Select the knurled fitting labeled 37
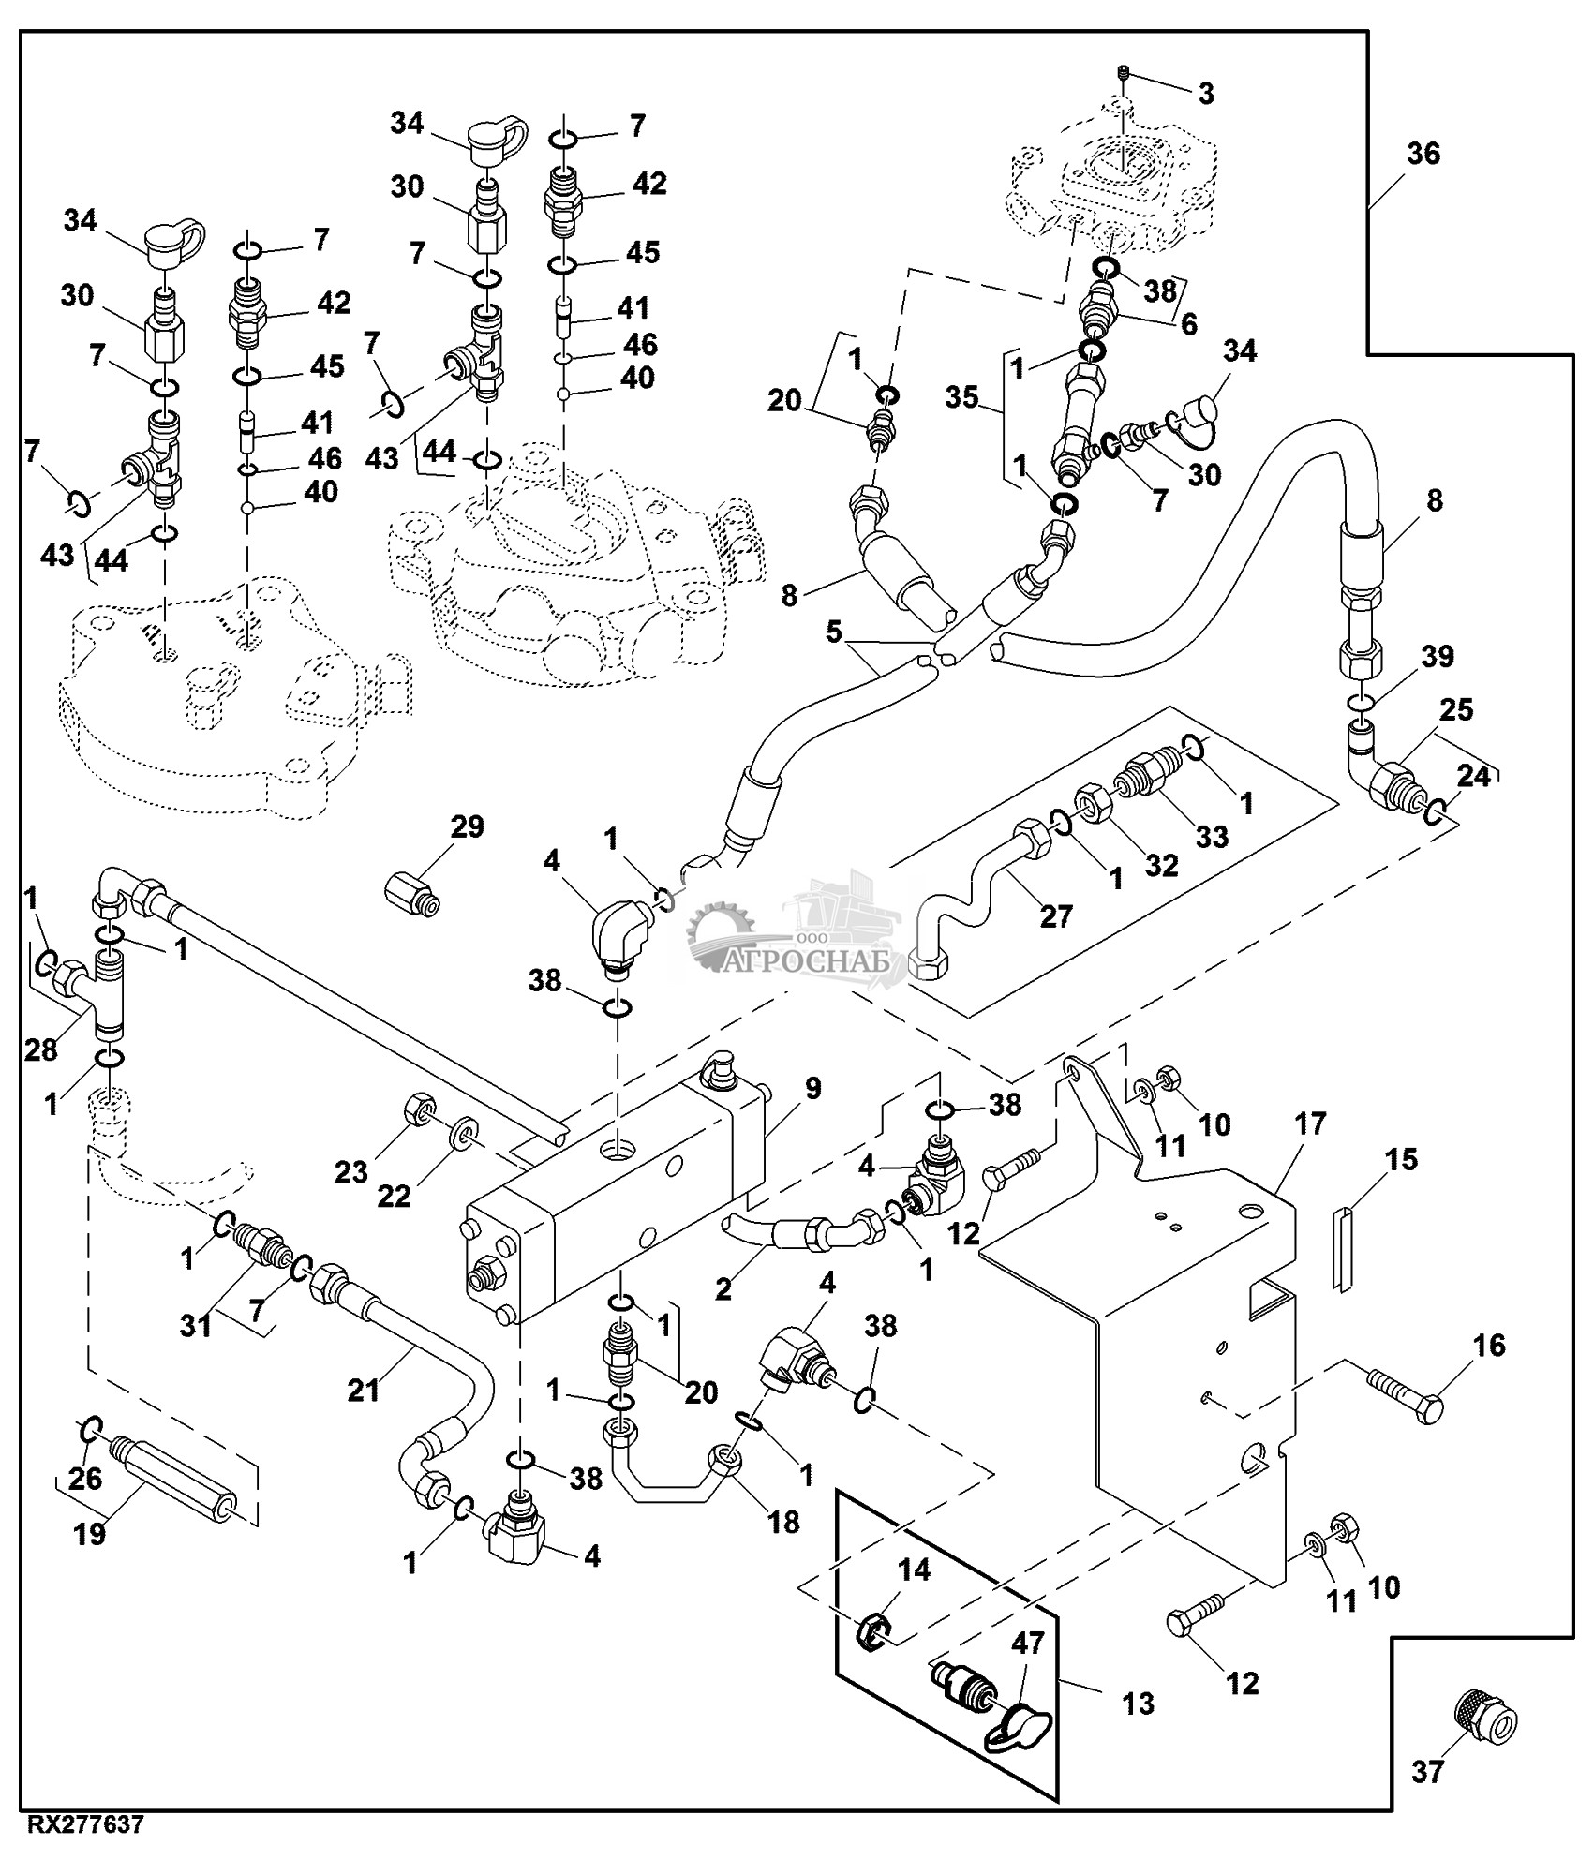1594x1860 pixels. pyautogui.click(x=1486, y=1720)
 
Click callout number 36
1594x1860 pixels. pyautogui.click(x=1423, y=154)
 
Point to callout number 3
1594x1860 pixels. pyautogui.click(x=1206, y=93)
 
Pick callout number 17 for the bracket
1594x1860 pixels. pyautogui.click(x=1310, y=1123)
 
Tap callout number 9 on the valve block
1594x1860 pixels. pyautogui.click(x=812, y=1088)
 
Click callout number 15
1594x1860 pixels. pyautogui.click(x=1403, y=1160)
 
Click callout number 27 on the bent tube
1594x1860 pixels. pyautogui.click(x=1056, y=915)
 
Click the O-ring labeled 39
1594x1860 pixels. pyautogui.click(x=1362, y=701)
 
